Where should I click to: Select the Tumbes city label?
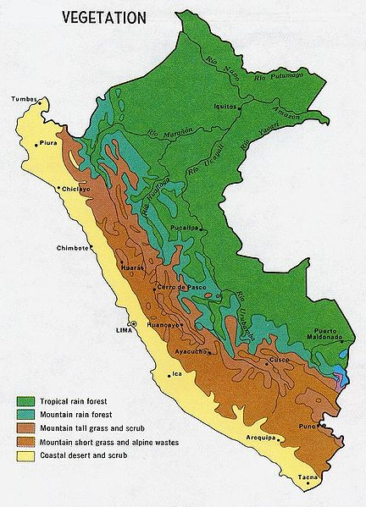coord(24,100)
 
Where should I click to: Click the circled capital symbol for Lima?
coord(132,325)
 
